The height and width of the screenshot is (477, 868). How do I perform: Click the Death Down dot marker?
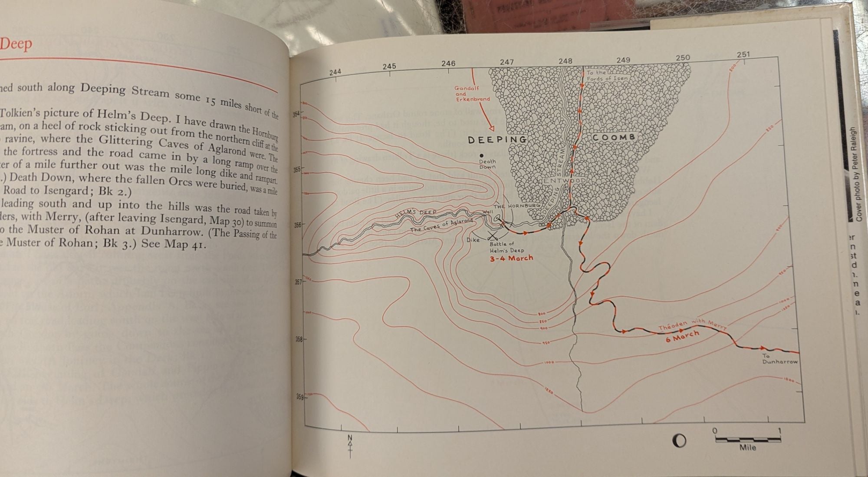pos(481,155)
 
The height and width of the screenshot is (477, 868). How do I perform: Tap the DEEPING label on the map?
pos(497,139)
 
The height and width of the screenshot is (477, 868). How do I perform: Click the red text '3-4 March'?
pos(511,258)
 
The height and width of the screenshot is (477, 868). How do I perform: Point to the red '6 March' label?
pos(682,336)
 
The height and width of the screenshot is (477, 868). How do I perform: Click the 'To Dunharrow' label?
pos(779,359)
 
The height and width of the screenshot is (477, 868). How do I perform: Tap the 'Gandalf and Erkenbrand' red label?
pos(472,93)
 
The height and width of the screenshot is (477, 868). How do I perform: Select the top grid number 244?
pos(335,72)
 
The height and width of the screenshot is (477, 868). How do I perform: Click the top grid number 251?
pos(743,54)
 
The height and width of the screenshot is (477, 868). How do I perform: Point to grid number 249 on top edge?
pos(623,60)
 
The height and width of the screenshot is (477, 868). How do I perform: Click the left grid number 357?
pos(298,282)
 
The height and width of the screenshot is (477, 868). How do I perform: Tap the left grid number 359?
pos(299,396)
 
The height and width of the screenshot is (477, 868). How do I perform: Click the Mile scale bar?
pos(747,440)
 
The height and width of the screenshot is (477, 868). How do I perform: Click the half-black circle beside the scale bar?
pos(679,441)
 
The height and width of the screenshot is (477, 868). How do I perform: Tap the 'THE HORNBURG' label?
pos(517,205)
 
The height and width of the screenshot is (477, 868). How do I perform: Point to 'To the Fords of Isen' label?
pos(607,76)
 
